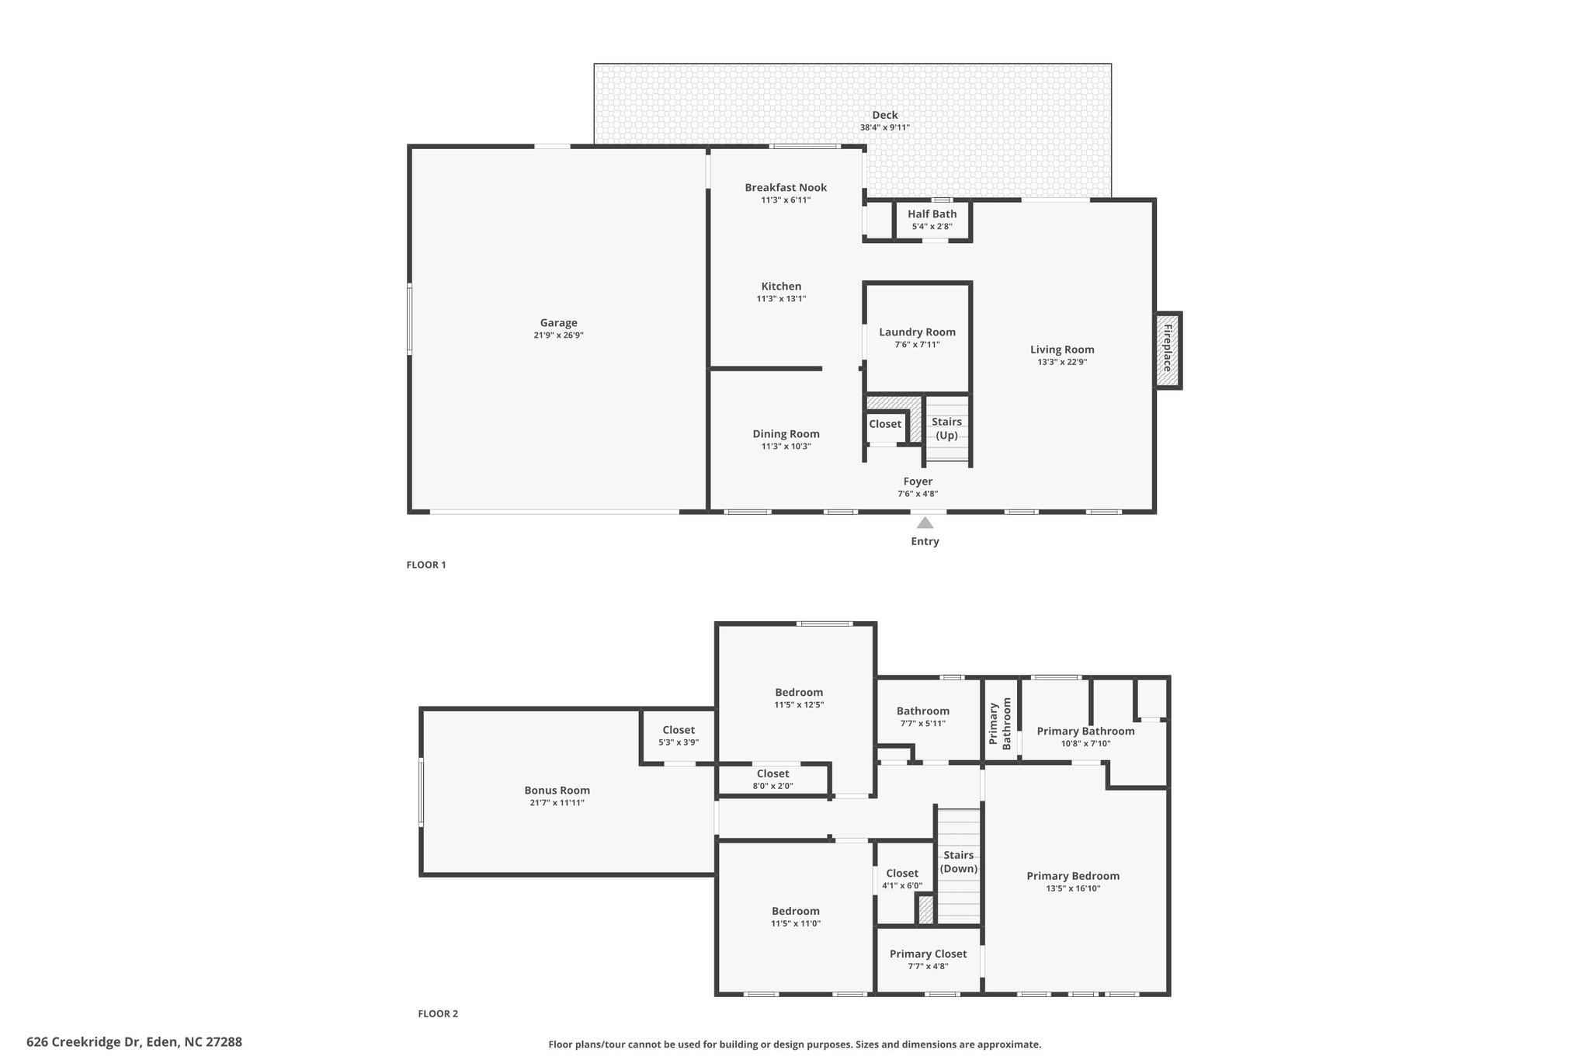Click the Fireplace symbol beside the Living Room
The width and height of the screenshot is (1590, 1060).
tap(1168, 350)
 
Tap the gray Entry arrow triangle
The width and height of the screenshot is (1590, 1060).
tap(925, 523)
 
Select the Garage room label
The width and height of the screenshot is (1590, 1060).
tap(559, 323)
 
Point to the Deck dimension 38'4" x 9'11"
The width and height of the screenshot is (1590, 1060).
tap(885, 127)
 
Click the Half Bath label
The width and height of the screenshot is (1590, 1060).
tap(932, 214)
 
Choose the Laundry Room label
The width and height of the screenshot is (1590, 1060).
tap(918, 332)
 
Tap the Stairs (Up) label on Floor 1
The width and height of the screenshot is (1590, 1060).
tap(947, 429)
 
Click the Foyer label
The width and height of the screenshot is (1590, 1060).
tap(918, 481)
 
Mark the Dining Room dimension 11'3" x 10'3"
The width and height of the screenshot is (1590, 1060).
tap(786, 447)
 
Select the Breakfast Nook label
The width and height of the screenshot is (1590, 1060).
tap(786, 187)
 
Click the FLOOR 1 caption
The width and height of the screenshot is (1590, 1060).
tap(426, 565)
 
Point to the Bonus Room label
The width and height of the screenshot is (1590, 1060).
tap(557, 791)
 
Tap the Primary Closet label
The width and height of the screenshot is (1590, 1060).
tap(929, 954)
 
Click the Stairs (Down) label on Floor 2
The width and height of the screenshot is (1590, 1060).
tap(959, 862)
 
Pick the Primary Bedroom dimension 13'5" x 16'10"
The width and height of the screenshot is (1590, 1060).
tap(1073, 888)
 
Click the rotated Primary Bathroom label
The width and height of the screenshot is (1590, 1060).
tap(1000, 724)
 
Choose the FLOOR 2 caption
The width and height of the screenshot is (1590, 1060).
tap(438, 1013)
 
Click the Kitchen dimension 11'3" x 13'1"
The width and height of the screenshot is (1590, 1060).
tap(782, 299)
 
